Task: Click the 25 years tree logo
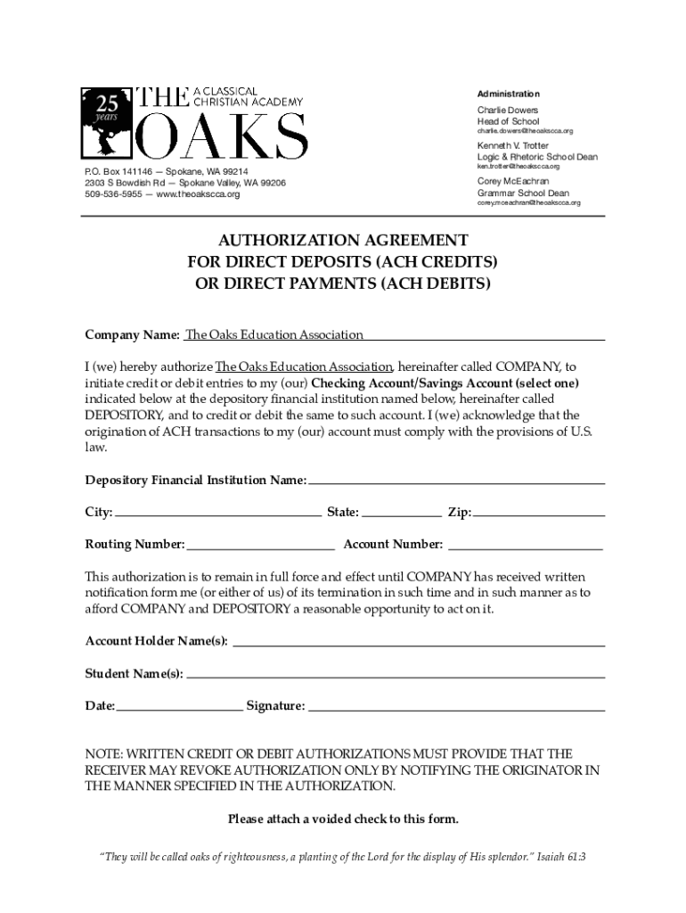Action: tap(106, 121)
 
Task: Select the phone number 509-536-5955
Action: tap(112, 194)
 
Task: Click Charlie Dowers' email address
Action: tap(525, 131)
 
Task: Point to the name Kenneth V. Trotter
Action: tap(512, 145)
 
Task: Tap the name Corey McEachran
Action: tap(513, 181)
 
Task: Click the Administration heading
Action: tap(508, 94)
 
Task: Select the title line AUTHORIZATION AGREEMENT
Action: tap(343, 241)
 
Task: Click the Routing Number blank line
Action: tap(260, 543)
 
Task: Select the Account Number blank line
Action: tap(525, 543)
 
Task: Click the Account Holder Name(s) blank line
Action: tap(418, 640)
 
